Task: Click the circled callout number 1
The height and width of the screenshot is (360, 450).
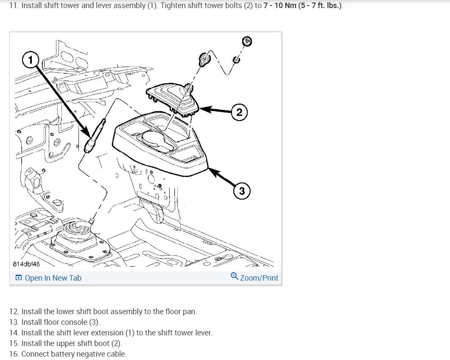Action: [31, 60]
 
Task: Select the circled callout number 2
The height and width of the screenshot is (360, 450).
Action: [239, 112]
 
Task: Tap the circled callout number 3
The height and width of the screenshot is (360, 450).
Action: [242, 191]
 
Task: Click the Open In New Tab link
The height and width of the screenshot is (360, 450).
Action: [53, 278]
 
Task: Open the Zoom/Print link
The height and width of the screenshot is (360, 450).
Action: [259, 278]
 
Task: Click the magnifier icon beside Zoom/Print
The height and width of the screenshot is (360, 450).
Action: [234, 276]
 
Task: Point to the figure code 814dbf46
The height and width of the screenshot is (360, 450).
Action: [26, 264]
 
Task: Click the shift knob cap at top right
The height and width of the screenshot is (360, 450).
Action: [247, 41]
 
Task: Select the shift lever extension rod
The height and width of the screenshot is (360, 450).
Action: [95, 135]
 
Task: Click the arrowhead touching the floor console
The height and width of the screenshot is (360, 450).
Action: [212, 172]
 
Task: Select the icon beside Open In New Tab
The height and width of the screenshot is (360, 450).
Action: [18, 278]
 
